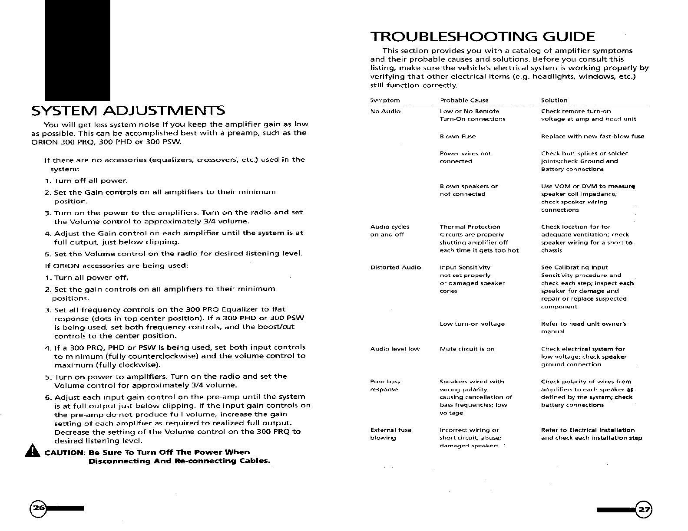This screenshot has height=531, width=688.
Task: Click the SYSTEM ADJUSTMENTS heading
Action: (128, 110)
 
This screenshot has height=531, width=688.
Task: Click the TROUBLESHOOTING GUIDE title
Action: (482, 36)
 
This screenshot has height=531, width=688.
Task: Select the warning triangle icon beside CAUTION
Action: (31, 452)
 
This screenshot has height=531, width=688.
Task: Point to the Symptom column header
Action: (385, 100)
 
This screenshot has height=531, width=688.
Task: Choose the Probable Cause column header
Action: (464, 100)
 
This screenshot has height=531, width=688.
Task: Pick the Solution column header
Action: (554, 100)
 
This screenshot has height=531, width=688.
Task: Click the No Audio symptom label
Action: (385, 111)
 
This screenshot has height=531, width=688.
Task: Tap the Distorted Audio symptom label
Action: (395, 267)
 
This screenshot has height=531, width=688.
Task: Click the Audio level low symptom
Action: (395, 349)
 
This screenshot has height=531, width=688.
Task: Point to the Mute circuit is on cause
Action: (467, 349)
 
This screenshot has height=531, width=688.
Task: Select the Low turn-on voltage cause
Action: (472, 324)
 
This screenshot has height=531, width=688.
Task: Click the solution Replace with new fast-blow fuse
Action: (592, 136)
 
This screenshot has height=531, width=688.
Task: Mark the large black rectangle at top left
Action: (78, 50)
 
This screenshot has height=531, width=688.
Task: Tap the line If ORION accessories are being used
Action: (116, 265)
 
